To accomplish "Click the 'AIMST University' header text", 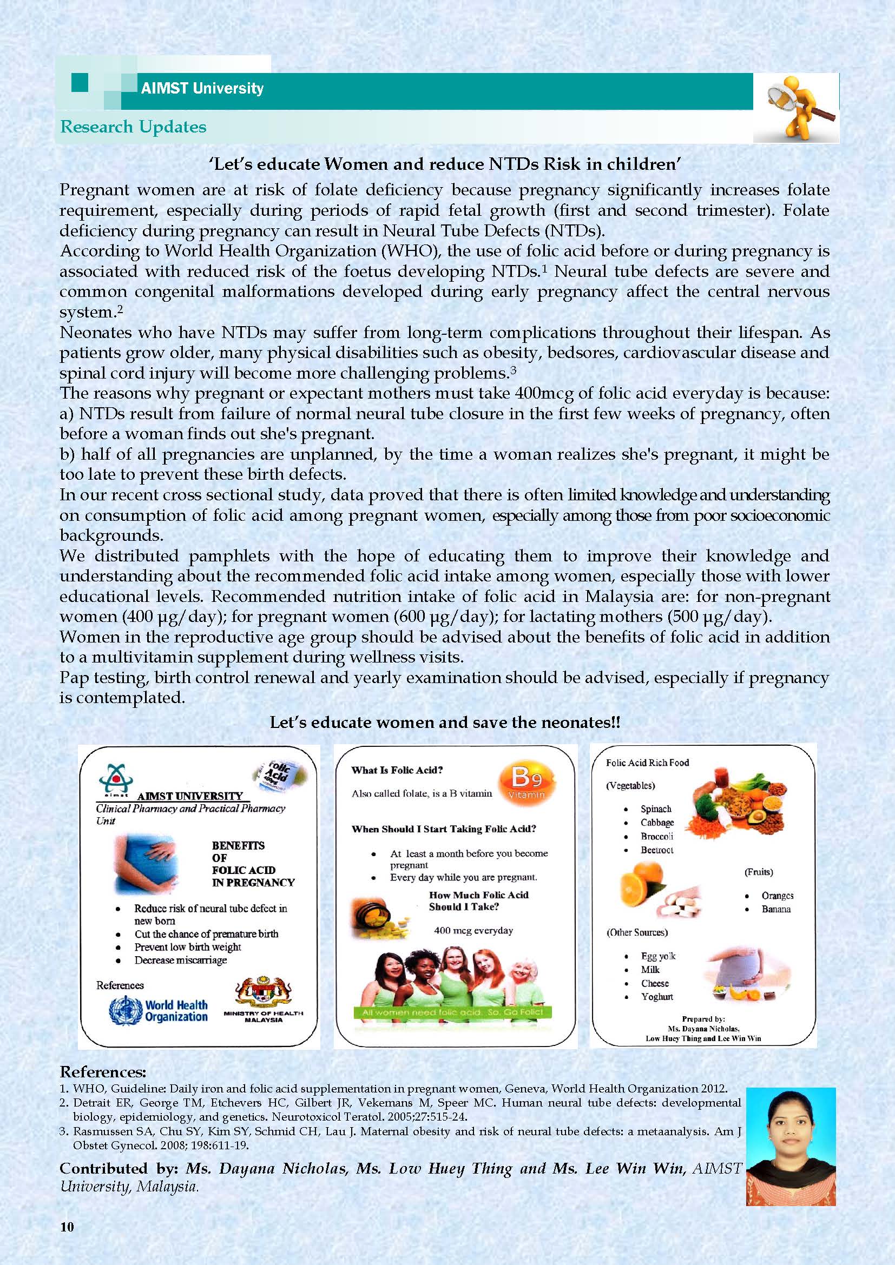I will tap(202, 88).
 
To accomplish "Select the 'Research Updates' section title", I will tap(133, 127).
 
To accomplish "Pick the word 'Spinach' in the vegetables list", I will tap(655, 809).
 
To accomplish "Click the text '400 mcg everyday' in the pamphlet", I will tap(473, 931).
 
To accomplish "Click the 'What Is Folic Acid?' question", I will tap(397, 770).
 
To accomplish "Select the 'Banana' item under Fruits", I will tap(775, 909).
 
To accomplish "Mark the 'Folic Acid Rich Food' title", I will tap(647, 763).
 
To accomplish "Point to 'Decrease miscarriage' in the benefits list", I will tap(180, 960).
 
